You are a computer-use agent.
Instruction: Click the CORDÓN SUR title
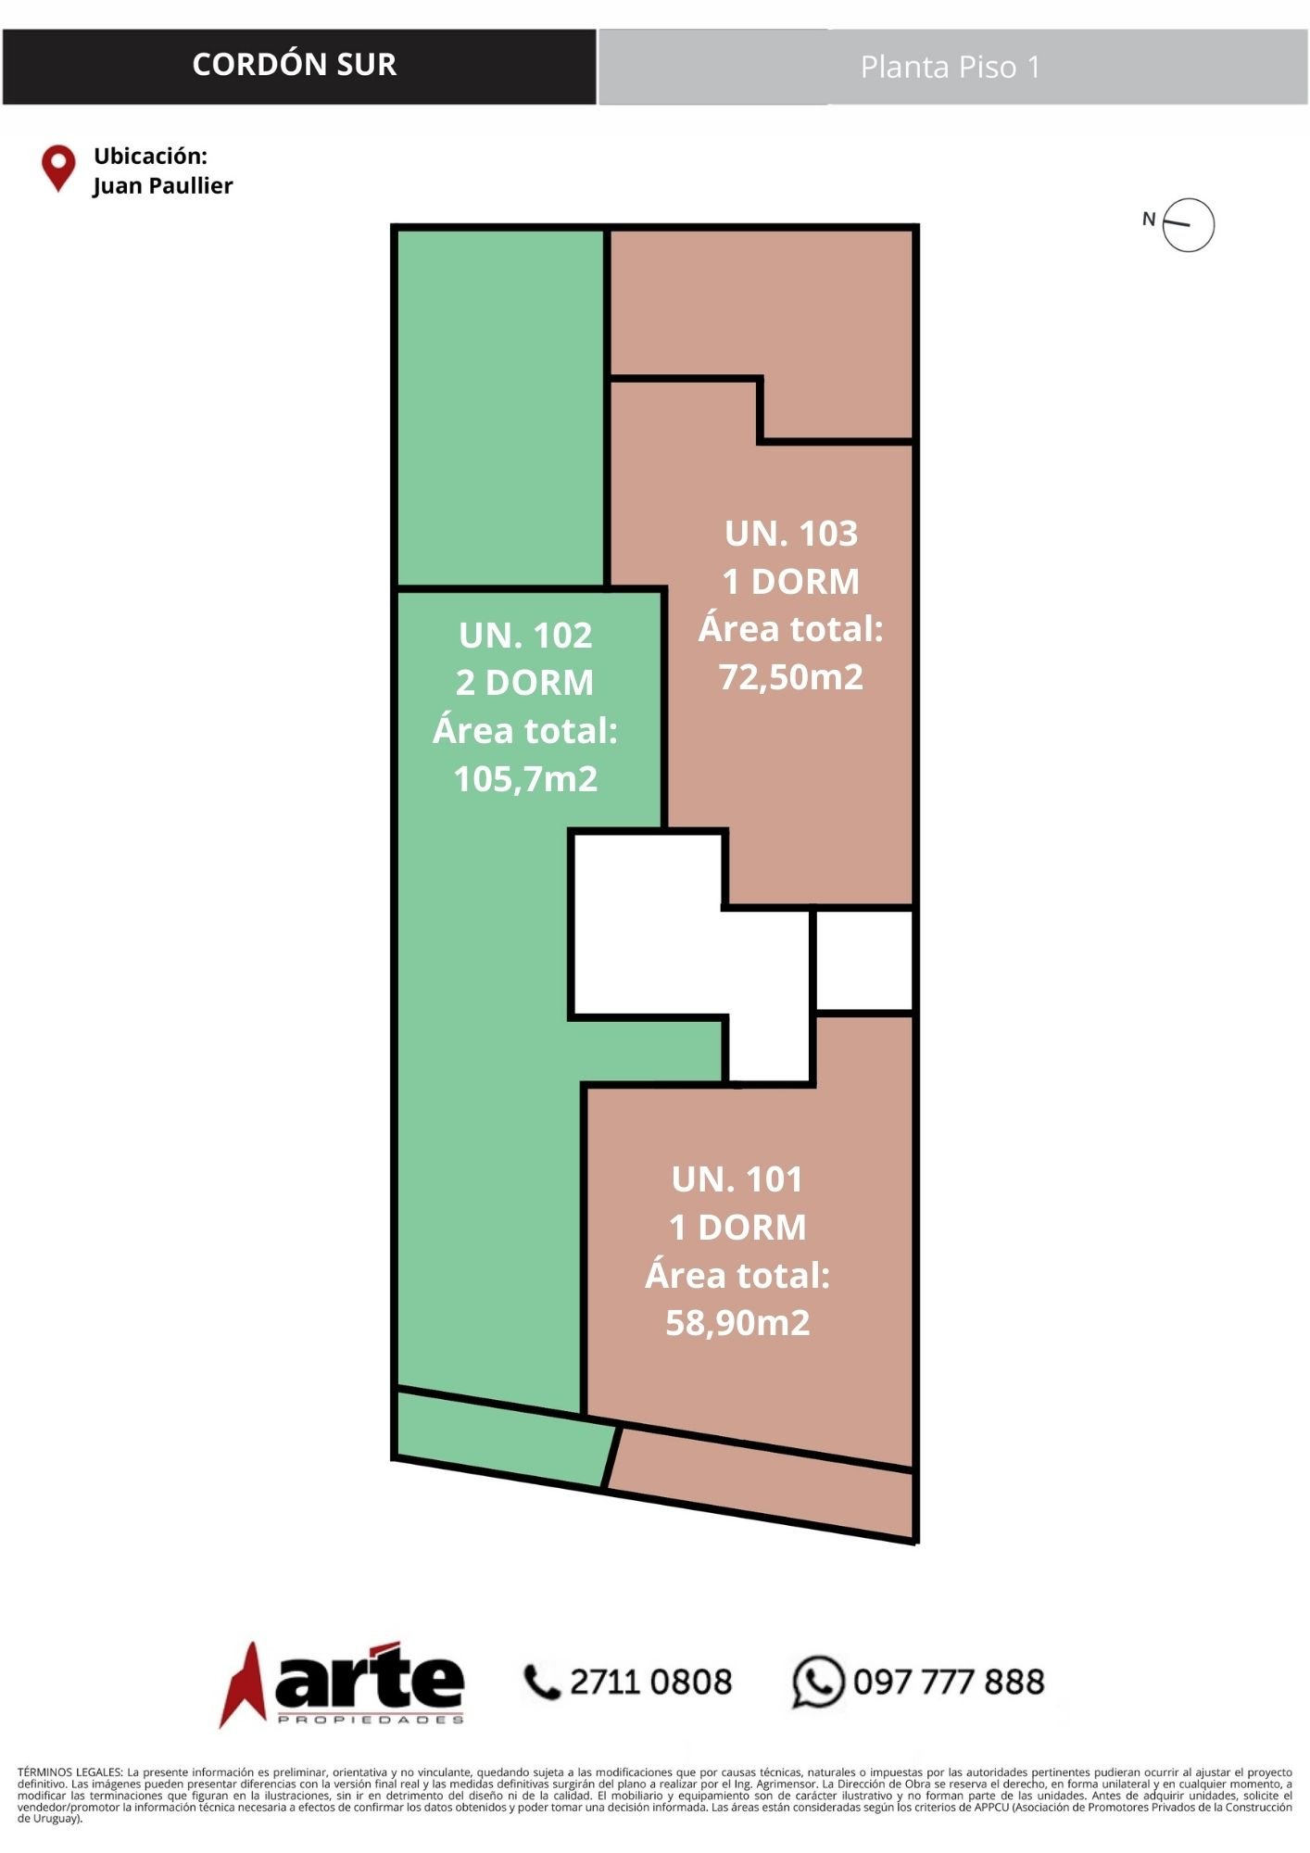pyautogui.click(x=295, y=64)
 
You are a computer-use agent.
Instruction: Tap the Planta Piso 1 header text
pyautogui.click(x=951, y=67)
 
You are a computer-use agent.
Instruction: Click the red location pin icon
pyautogui.click(x=58, y=169)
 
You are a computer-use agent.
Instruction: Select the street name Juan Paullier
pyautogui.click(x=163, y=185)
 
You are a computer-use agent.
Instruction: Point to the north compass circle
pyautogui.click(x=1189, y=224)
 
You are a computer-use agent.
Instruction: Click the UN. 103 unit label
pyautogui.click(x=791, y=534)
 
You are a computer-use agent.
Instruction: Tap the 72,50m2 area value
pyautogui.click(x=791, y=676)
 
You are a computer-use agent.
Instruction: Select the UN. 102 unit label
pyautogui.click(x=525, y=636)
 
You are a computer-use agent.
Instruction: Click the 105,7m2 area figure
pyautogui.click(x=525, y=778)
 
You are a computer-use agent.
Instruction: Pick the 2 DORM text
pyautogui.click(x=524, y=683)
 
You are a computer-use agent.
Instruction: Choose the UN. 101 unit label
pyautogui.click(x=737, y=1179)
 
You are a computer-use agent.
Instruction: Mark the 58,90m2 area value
pyautogui.click(x=737, y=1322)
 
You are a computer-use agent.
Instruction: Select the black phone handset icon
pyautogui.click(x=543, y=1683)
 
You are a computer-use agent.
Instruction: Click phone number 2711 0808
pyautogui.click(x=650, y=1682)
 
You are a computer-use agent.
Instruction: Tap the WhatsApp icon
pyautogui.click(x=818, y=1682)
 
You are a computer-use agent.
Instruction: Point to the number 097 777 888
pyautogui.click(x=949, y=1682)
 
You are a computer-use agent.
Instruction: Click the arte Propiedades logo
pyautogui.click(x=342, y=1683)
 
